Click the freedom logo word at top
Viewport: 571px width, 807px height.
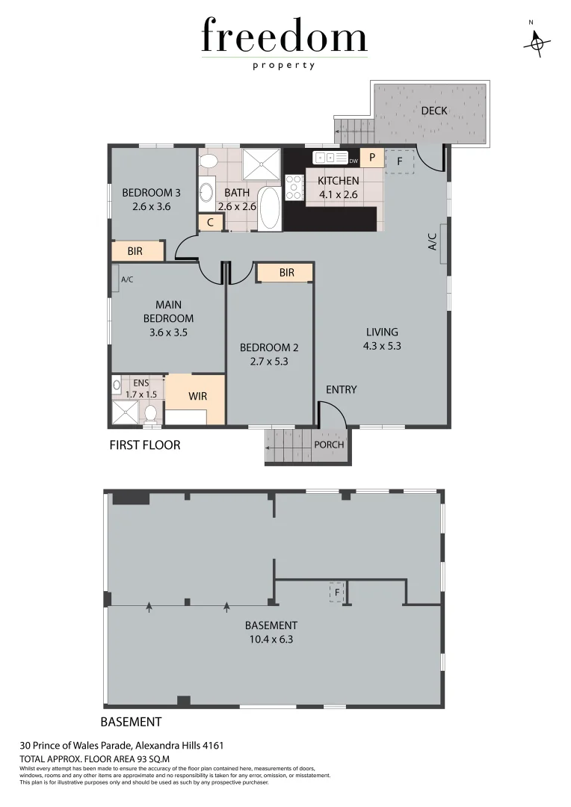click(284, 37)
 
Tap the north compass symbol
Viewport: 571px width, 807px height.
click(537, 44)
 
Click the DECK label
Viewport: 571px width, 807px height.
click(433, 111)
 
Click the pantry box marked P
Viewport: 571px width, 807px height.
click(371, 158)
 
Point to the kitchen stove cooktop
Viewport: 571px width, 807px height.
click(294, 188)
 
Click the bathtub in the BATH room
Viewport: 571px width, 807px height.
click(270, 208)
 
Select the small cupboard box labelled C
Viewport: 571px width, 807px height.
click(210, 222)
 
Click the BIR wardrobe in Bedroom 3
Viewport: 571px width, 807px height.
click(137, 252)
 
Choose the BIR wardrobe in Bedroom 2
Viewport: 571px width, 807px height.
click(286, 273)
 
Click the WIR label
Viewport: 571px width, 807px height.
click(197, 396)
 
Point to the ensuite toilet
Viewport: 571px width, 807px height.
click(150, 413)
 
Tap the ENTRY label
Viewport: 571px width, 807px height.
click(341, 389)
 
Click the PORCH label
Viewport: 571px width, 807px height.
click(329, 445)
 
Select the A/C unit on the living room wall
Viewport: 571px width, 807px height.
click(444, 244)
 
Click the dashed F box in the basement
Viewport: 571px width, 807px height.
click(338, 593)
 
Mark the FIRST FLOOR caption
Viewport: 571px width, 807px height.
click(145, 445)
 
